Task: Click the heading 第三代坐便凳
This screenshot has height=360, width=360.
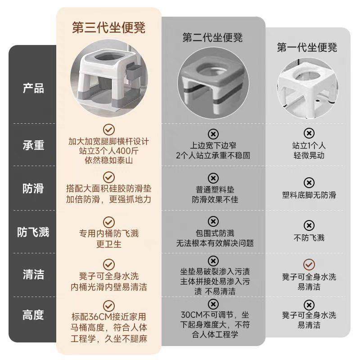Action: (108, 28)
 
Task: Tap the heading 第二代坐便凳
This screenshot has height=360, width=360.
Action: (212, 37)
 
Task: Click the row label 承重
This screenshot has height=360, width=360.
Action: (33, 145)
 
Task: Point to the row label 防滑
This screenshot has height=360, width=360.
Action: (33, 189)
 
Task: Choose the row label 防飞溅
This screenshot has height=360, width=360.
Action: (33, 232)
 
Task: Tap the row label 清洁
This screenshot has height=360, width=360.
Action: (33, 274)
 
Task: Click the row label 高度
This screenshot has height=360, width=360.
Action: (33, 315)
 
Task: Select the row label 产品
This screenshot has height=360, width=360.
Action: (33, 88)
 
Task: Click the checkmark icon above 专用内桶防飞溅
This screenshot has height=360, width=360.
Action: (108, 222)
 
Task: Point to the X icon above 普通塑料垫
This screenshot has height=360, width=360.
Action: (213, 178)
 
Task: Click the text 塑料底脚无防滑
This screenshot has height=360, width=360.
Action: (309, 195)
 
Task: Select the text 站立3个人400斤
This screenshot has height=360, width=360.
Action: (108, 151)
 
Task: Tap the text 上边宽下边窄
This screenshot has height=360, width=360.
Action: (213, 146)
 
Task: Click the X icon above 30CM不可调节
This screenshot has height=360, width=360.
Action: (213, 303)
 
